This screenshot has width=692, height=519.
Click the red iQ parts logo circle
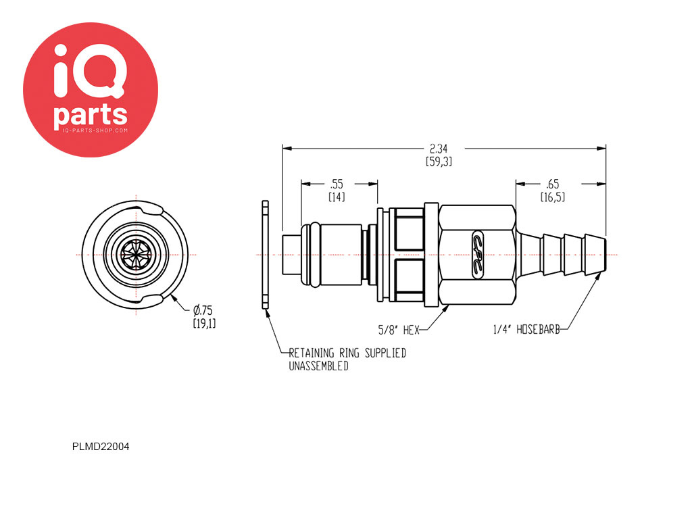(x=91, y=90)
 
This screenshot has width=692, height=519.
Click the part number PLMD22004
(x=101, y=447)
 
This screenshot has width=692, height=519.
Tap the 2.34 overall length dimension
(x=439, y=149)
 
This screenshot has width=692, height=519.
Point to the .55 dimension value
(x=337, y=184)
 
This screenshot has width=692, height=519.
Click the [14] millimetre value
(x=337, y=197)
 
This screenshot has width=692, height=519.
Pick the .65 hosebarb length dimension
(x=552, y=184)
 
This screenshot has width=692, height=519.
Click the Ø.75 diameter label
(x=203, y=310)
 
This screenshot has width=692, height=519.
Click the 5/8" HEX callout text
(x=399, y=330)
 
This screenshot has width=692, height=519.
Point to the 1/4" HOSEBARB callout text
(x=526, y=329)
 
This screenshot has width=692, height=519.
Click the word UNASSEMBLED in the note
(x=319, y=366)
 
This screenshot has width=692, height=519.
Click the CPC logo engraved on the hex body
(x=478, y=255)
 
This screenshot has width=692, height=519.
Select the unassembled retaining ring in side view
(x=265, y=255)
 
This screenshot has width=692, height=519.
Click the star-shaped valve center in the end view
(x=136, y=255)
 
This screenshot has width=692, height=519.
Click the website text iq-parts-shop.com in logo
(x=91, y=130)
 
